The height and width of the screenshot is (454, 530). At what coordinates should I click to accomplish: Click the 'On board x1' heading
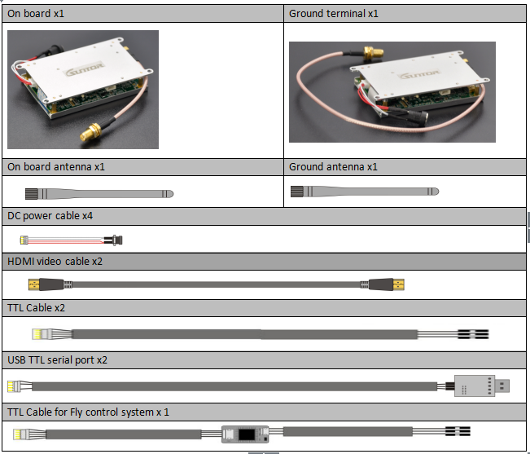[36, 14]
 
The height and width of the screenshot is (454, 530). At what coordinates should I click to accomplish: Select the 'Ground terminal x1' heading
[333, 14]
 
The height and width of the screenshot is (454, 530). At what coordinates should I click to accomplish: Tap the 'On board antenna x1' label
[56, 167]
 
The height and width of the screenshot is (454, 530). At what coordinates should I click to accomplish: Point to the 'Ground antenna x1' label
[333, 167]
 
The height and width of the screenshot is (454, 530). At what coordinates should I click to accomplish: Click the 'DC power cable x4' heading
[50, 216]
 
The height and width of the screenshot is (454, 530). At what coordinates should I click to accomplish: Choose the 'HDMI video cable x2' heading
[55, 262]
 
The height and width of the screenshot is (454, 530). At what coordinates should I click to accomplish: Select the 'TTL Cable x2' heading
[36, 308]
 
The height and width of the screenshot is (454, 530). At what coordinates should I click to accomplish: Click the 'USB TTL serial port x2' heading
[57, 360]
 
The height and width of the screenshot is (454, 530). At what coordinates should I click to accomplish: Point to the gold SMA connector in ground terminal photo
[373, 52]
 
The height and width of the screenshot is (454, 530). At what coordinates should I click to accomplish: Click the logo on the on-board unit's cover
[85, 68]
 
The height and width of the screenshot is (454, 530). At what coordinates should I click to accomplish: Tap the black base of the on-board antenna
[32, 194]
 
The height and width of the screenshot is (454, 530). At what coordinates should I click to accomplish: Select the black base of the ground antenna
[297, 192]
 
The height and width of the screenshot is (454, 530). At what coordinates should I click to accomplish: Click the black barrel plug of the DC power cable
[114, 240]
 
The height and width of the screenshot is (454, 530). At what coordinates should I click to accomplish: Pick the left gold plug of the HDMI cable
[34, 284]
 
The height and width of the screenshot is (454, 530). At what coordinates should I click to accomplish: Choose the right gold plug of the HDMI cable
[398, 284]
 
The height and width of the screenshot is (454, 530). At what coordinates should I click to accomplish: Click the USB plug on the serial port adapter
[502, 386]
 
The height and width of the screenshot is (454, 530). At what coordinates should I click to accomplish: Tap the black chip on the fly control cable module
[247, 434]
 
